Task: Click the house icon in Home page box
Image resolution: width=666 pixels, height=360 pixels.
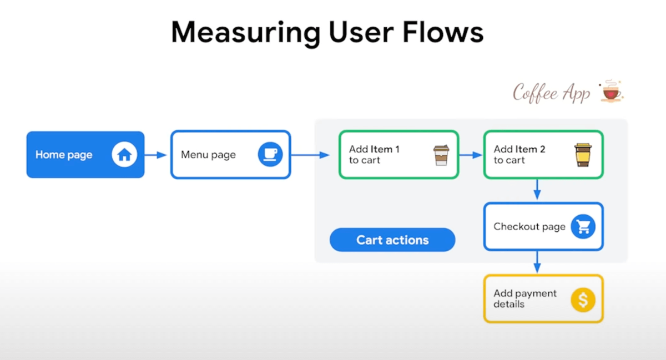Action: (124, 155)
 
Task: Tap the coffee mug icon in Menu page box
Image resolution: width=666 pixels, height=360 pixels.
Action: (270, 155)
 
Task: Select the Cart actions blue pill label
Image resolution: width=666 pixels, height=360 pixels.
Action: (392, 240)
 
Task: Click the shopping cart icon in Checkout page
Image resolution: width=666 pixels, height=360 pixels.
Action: (583, 226)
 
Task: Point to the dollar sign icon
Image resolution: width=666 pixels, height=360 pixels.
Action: (583, 300)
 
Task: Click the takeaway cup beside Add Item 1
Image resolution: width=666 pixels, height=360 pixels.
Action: (441, 155)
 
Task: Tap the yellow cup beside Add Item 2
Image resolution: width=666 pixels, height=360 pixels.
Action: (583, 155)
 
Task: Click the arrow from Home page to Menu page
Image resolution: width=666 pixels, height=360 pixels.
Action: (157, 155)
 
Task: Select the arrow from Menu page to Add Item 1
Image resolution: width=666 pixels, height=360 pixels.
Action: (311, 155)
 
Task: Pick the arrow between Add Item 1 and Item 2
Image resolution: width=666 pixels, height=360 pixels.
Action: (471, 155)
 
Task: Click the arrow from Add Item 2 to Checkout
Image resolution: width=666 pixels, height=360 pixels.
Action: (537, 190)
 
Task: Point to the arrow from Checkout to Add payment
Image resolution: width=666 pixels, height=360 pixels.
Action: (537, 262)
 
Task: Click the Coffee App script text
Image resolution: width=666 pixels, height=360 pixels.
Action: (552, 93)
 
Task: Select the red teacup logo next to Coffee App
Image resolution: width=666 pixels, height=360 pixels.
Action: (611, 92)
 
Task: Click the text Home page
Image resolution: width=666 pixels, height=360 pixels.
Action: (64, 155)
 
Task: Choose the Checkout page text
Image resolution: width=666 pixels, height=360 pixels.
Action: (529, 226)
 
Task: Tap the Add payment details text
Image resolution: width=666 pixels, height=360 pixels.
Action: (524, 298)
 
